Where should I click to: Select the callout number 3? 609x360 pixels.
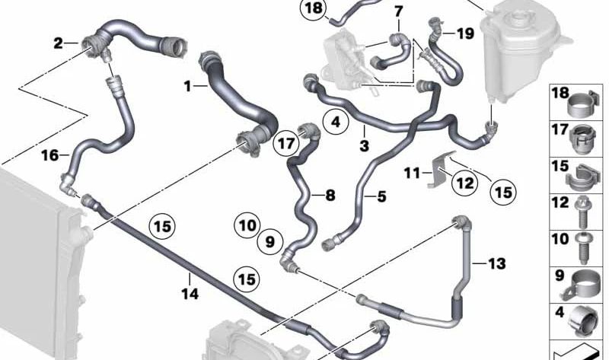(x=364, y=145)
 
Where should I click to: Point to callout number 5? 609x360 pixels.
(x=381, y=197)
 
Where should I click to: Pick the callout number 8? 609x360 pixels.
(x=330, y=196)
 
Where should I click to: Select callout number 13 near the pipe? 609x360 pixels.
(x=496, y=264)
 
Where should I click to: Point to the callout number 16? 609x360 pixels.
(x=49, y=156)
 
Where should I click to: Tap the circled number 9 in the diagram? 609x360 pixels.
(x=269, y=243)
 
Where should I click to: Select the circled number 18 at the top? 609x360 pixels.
(x=314, y=9)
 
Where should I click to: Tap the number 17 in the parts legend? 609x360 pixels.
(x=560, y=131)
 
